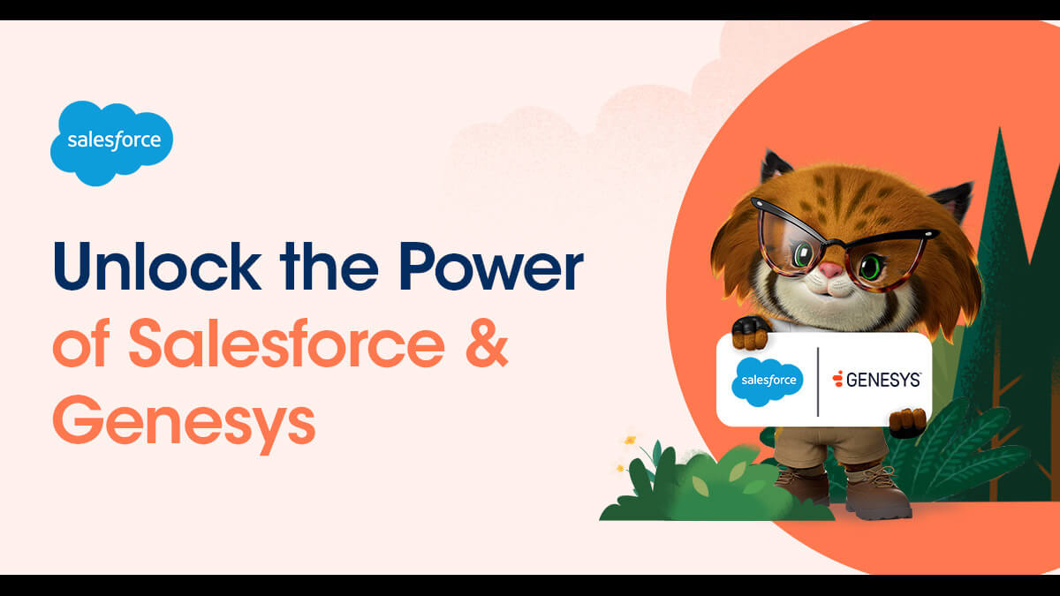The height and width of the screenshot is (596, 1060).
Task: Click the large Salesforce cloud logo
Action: point(111,143)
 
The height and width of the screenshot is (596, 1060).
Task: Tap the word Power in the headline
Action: point(492,266)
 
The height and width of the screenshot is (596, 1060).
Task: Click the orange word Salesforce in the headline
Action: point(287,343)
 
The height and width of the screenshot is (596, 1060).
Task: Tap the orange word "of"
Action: point(81,343)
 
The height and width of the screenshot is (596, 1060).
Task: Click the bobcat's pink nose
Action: point(830,270)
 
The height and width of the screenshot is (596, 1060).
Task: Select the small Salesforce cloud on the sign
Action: point(767,381)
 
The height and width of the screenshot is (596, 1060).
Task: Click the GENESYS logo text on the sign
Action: point(876,380)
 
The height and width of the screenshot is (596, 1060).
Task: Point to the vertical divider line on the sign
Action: point(818,381)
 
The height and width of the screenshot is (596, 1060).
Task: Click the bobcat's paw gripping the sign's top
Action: point(752,333)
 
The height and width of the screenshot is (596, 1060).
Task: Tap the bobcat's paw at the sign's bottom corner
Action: point(908,423)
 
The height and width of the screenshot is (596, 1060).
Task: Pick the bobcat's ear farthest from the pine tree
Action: point(776,167)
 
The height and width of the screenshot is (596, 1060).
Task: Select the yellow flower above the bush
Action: point(630,441)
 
